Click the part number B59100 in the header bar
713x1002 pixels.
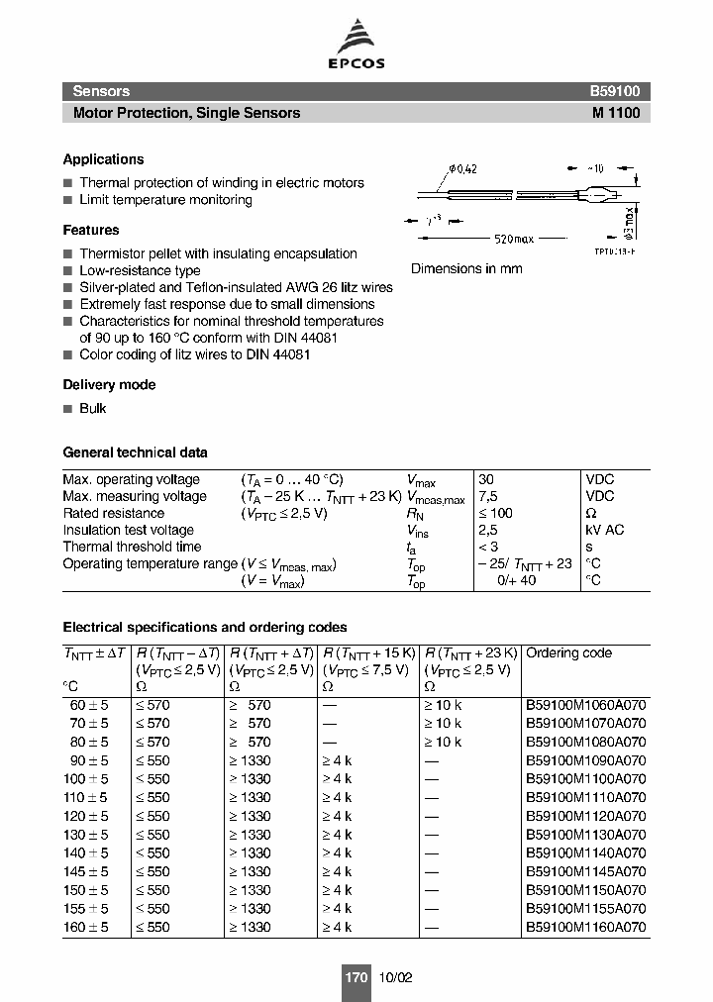(615, 91)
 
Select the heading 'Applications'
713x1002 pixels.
(103, 159)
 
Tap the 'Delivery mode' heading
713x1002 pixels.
(109, 384)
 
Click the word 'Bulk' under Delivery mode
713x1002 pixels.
(92, 409)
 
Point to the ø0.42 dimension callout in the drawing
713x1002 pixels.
(462, 169)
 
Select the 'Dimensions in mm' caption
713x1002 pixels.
(466, 268)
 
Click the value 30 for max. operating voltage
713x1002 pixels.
(485, 479)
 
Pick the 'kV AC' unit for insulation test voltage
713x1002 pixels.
(604, 530)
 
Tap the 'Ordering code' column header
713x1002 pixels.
(568, 653)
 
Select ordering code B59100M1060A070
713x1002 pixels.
(585, 706)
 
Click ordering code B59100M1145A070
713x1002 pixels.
(585, 872)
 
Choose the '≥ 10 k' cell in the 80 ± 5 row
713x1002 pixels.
(443, 742)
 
